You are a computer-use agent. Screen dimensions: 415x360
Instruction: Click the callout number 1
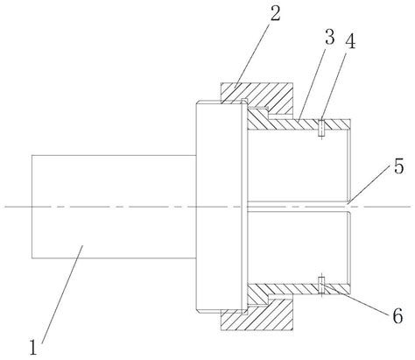pyautogui.click(x=33, y=347)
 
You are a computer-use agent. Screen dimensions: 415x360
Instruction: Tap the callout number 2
pyautogui.click(x=275, y=13)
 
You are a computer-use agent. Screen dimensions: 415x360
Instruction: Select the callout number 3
pyautogui.click(x=330, y=38)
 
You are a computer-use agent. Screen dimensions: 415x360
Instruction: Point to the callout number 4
pyautogui.click(x=350, y=41)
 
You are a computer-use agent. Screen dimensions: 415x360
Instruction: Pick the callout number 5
pyautogui.click(x=398, y=166)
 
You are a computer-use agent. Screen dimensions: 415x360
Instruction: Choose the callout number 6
pyautogui.click(x=397, y=315)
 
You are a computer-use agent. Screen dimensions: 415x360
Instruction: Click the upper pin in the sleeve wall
pyautogui.click(x=321, y=128)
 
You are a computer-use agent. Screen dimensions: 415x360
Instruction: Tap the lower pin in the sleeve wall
pyautogui.click(x=321, y=285)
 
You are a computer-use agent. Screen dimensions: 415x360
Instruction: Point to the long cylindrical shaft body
pyautogui.click(x=114, y=207)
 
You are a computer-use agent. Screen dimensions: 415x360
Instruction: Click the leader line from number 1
pyautogui.click(x=62, y=294)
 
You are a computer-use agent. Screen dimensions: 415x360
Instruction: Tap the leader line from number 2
pyautogui.click(x=252, y=55)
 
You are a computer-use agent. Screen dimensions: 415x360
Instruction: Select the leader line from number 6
pyautogui.click(x=355, y=300)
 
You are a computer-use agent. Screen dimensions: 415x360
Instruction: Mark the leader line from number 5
pyautogui.click(x=369, y=184)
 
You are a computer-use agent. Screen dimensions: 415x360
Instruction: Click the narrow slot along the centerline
pyautogui.click(x=298, y=207)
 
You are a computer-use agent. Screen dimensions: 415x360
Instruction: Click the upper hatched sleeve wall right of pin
pyautogui.click(x=337, y=124)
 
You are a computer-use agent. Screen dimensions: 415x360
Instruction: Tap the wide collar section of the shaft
pyautogui.click(x=219, y=207)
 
